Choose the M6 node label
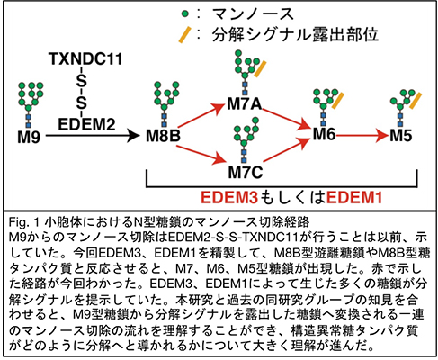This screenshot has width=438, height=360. pyautogui.click(x=325, y=137)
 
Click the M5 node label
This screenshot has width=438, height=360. pyautogui.click(x=405, y=137)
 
